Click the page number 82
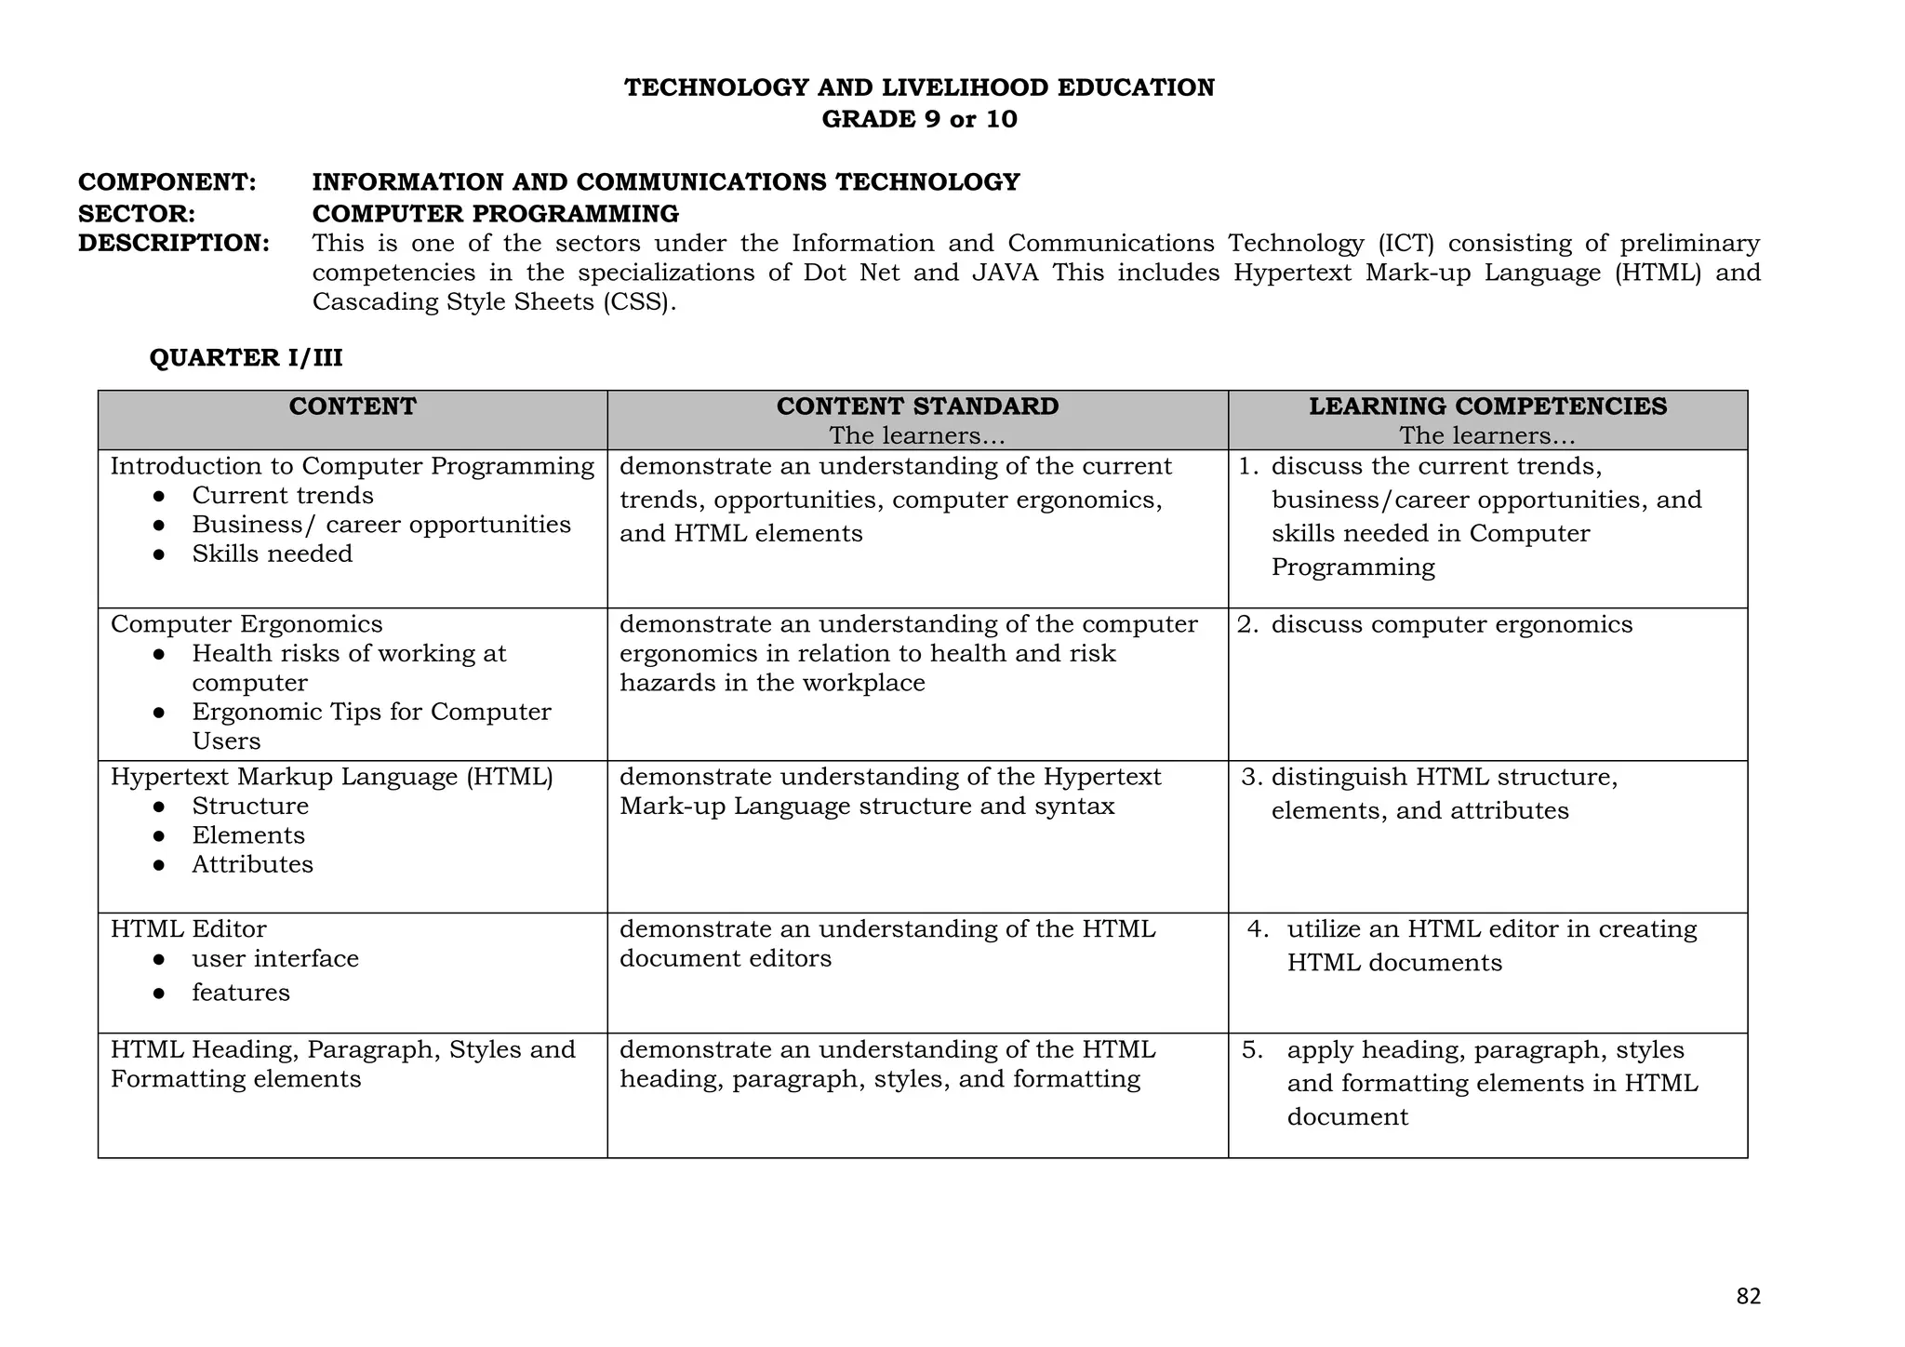click(x=1748, y=1296)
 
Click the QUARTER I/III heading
click(x=246, y=358)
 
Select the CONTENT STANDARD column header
click(x=917, y=407)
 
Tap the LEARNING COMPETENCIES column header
click(x=1487, y=407)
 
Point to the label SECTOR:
click(x=137, y=214)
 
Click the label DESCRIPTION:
click(x=174, y=244)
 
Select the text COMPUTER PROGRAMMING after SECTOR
click(x=496, y=214)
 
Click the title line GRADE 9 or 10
click(x=919, y=119)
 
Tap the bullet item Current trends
click(x=283, y=496)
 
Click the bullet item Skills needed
click(x=273, y=554)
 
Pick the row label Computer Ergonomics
click(x=246, y=624)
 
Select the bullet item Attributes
click(x=253, y=865)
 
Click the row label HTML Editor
click(x=189, y=929)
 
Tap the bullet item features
click(x=241, y=993)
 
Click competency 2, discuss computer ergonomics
click(x=1451, y=624)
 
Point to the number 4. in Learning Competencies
click(x=1258, y=929)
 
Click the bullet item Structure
click(x=250, y=807)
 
